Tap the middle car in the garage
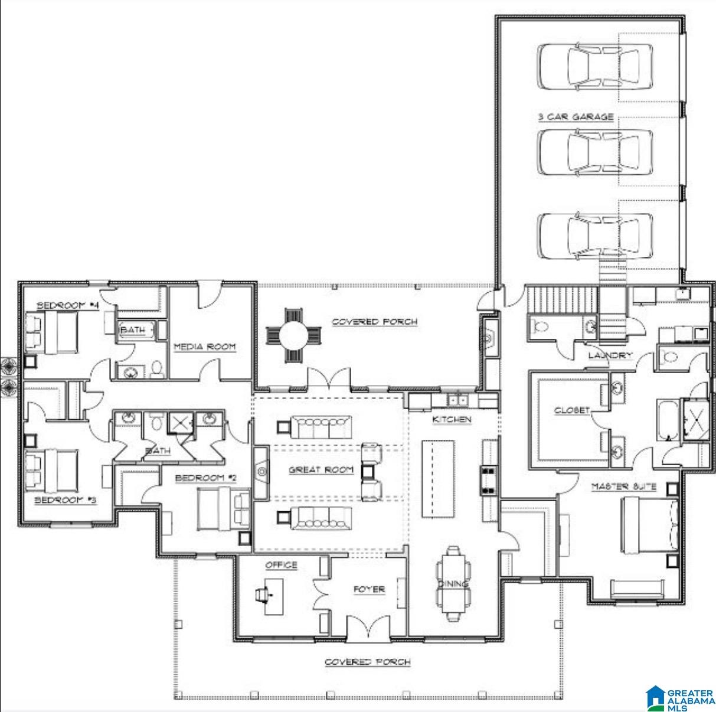click(595, 152)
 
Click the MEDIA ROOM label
click(204, 347)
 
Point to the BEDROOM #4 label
click(59, 305)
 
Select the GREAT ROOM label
click(321, 469)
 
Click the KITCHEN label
click(452, 419)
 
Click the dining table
click(453, 583)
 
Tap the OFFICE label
click(281, 565)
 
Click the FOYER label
click(369, 589)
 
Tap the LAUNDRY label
click(610, 355)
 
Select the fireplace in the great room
click(260, 471)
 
